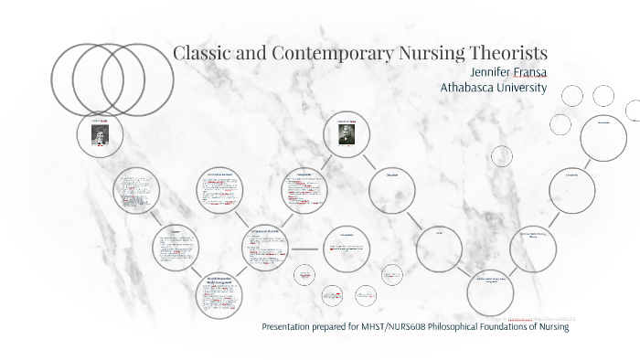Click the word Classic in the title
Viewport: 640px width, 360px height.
click(203, 52)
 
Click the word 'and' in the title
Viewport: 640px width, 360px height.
click(251, 52)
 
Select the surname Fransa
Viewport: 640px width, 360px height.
click(526, 72)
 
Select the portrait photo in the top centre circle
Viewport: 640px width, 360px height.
click(347, 134)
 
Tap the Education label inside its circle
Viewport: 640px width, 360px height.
click(391, 175)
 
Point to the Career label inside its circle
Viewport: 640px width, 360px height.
click(439, 233)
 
